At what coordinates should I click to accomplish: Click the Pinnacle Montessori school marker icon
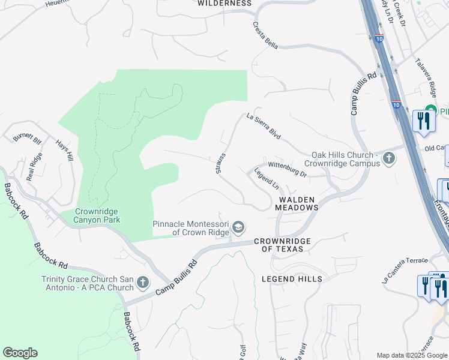pos(238,227)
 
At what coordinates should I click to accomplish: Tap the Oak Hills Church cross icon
pos(389,159)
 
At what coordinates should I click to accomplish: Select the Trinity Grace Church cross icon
pos(142,282)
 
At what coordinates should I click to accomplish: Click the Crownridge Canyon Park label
pos(98,215)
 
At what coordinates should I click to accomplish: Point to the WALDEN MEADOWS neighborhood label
pos(297,203)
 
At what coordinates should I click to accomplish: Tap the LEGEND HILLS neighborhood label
pos(292,279)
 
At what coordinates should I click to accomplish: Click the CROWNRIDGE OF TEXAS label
pos(282,245)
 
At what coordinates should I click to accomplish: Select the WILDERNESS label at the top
pos(224,3)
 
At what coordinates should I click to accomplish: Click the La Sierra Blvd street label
pos(264,127)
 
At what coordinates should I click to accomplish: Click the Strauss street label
pos(220,163)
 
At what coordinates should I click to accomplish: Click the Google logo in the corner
pos(20,353)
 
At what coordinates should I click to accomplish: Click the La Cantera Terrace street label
pos(405,269)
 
